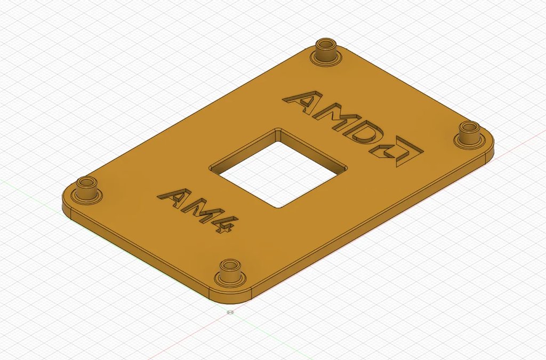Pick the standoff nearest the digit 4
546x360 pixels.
tap(230, 272)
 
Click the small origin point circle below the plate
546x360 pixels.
tap(230, 312)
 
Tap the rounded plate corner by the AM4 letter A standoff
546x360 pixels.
tap(67, 203)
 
